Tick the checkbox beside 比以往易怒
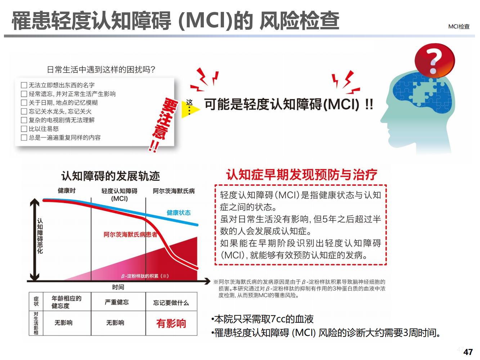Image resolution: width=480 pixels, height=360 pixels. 24,129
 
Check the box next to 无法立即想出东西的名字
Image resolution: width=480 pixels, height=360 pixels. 24,85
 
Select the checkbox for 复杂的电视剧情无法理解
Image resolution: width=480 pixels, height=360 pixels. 24,120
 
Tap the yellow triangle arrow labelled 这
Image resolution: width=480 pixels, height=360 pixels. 189,109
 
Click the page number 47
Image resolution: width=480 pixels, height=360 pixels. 468,352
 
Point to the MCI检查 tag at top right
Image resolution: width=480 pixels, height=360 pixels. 459,26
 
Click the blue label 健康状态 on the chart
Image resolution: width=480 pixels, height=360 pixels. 179,213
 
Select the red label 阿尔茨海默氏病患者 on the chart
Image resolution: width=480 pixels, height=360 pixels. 130,235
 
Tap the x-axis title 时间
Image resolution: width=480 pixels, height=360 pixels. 118,287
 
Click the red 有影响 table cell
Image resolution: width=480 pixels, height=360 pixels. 171,323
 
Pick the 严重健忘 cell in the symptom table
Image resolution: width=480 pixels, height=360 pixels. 117,302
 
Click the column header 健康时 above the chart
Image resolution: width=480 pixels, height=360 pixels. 67,190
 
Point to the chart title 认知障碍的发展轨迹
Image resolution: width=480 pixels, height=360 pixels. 111,176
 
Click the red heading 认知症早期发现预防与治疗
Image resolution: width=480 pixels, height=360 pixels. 302,175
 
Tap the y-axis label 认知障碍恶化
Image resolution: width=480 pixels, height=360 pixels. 40,236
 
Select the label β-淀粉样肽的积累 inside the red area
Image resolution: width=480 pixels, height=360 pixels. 145,276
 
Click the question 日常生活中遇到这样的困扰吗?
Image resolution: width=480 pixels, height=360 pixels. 101,70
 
